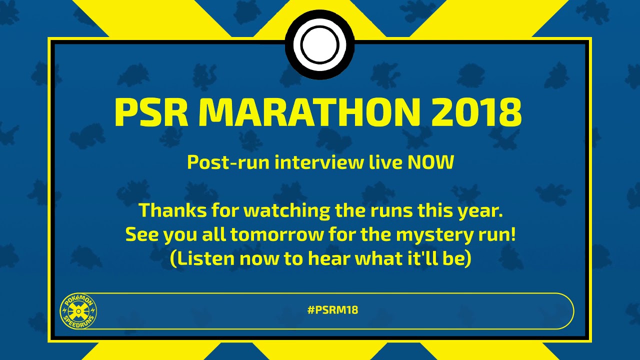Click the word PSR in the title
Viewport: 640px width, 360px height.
click(150, 112)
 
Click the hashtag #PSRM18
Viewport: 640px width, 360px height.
click(332, 310)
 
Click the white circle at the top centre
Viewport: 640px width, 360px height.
click(319, 44)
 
